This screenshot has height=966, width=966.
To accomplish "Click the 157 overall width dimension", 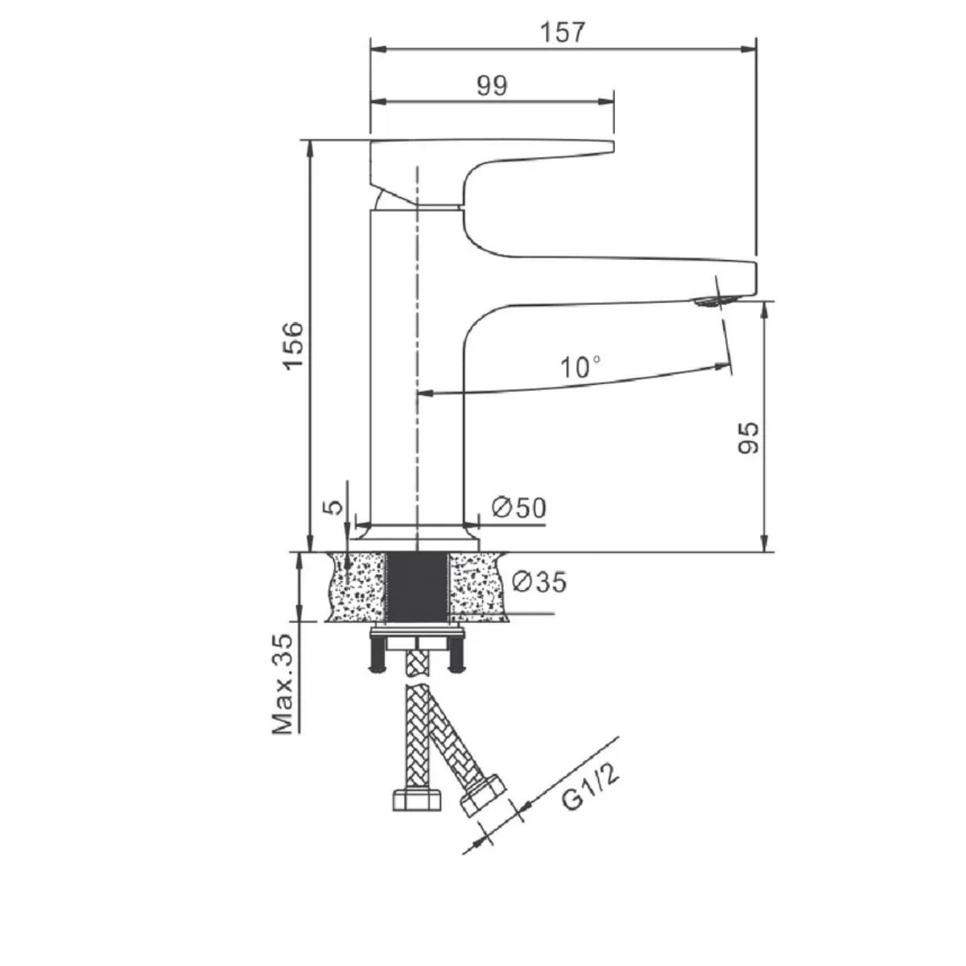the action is point(563,32).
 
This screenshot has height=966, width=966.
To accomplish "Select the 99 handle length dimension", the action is point(492,85).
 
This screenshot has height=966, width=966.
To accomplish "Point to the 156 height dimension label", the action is point(294,346).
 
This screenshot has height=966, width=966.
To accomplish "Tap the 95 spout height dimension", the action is point(749,438).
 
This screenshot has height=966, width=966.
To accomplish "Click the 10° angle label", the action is point(580,367).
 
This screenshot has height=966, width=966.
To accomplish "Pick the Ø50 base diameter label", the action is point(519,508).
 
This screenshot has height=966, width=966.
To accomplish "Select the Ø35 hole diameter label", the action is point(539,581).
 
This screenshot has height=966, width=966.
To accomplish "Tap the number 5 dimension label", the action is point(333,507).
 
